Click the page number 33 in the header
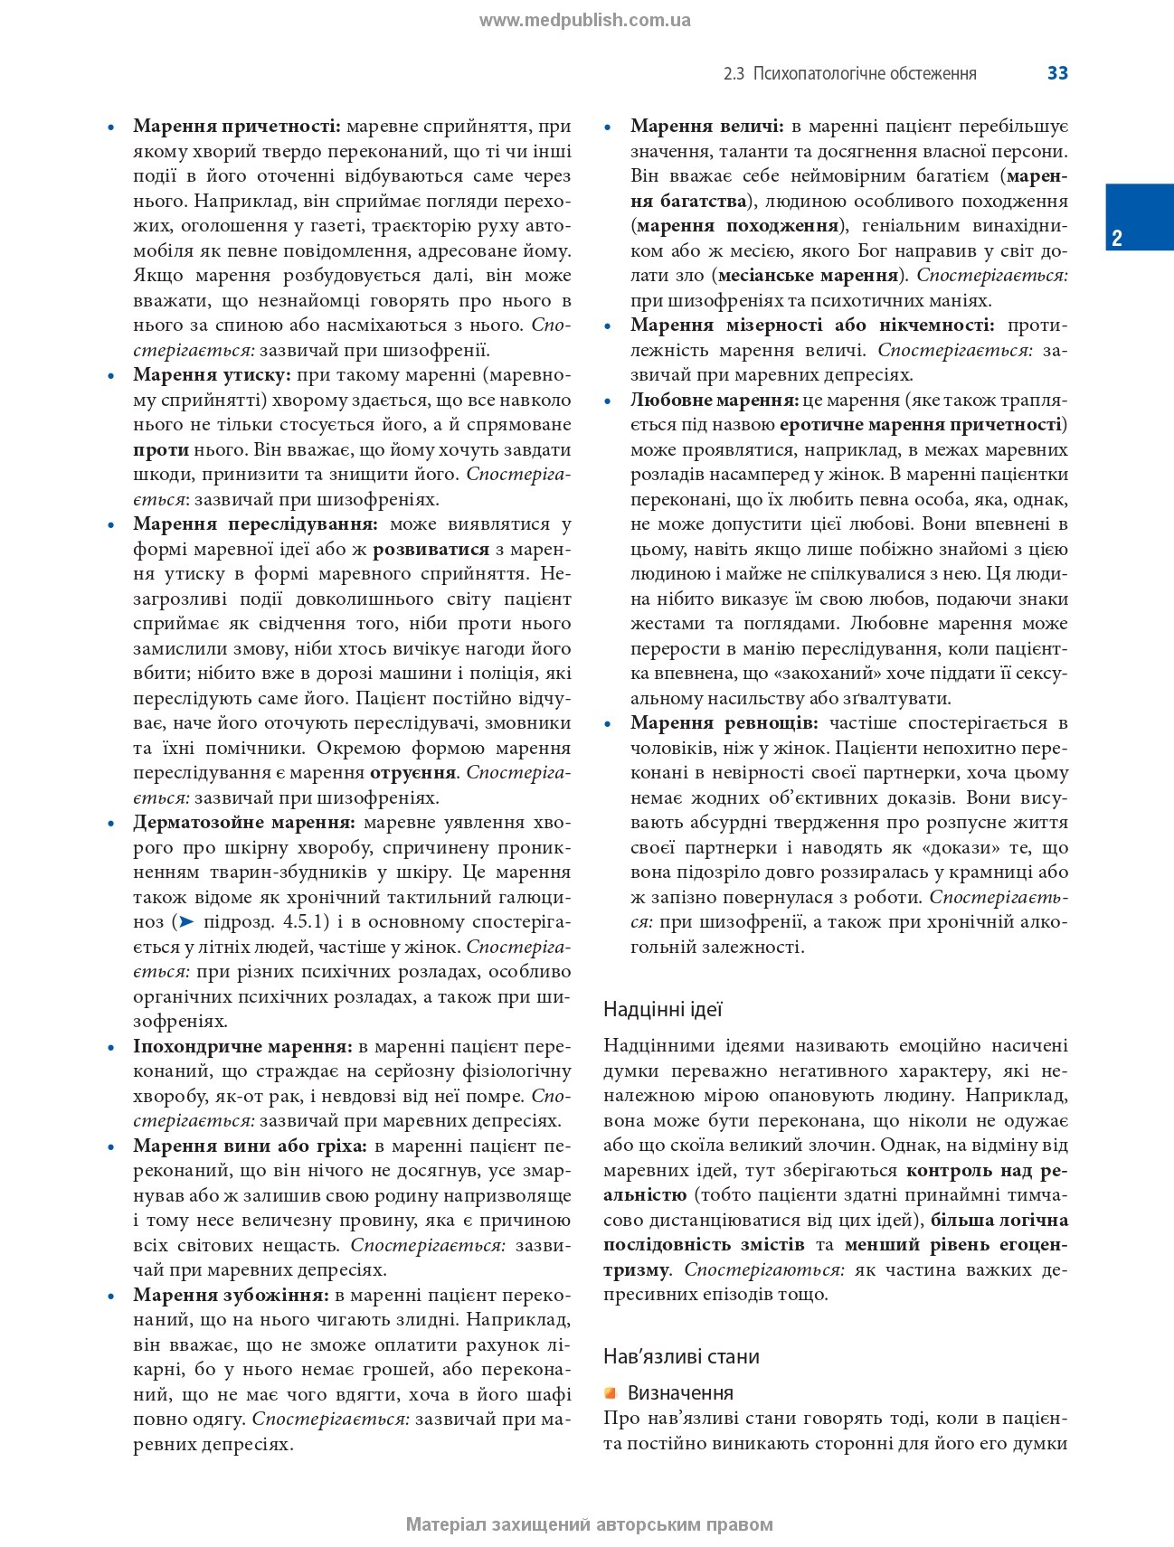(x=1057, y=73)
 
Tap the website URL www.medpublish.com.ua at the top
(x=584, y=21)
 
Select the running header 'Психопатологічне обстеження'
(x=865, y=74)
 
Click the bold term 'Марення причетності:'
(x=236, y=127)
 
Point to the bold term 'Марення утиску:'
(x=212, y=375)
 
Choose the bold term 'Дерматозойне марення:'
(x=244, y=823)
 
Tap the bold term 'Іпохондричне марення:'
(x=242, y=1047)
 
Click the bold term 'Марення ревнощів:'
(x=724, y=723)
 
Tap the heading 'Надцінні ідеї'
(x=662, y=1009)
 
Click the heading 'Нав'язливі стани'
(x=680, y=1356)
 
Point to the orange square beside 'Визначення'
(x=611, y=1392)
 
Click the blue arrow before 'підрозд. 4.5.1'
(x=185, y=922)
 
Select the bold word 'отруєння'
(x=412, y=773)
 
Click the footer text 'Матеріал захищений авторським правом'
(x=589, y=1524)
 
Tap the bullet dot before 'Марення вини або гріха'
(x=111, y=1147)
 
